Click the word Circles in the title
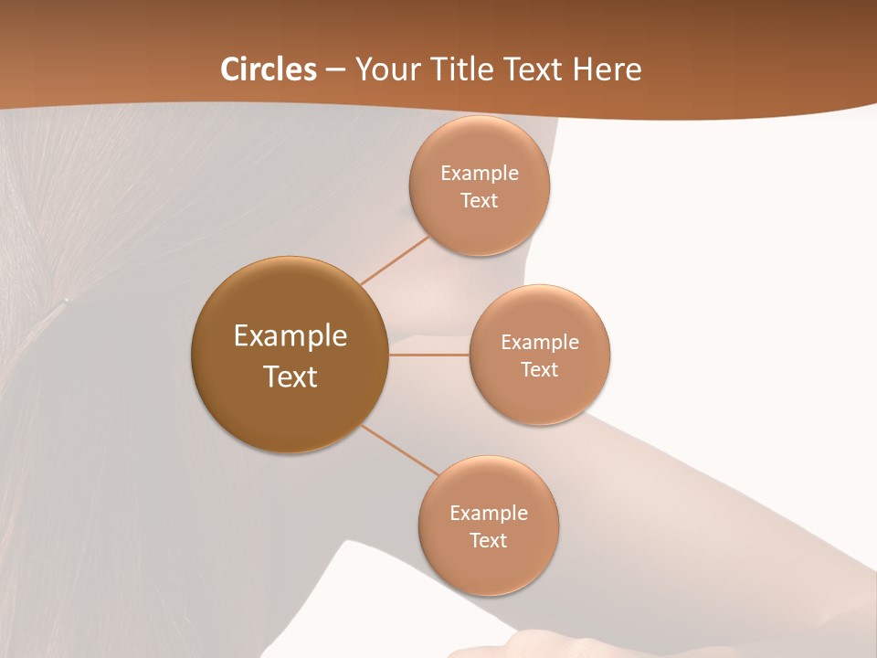pyautogui.click(x=269, y=69)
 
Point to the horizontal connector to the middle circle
pyautogui.click(x=429, y=355)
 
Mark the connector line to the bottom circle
pyautogui.click(x=398, y=450)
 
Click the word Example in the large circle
pyautogui.click(x=291, y=336)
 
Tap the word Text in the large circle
pyautogui.click(x=291, y=377)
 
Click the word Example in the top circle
pyautogui.click(x=480, y=174)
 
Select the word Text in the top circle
pyautogui.click(x=480, y=200)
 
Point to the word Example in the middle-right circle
pyautogui.click(x=540, y=343)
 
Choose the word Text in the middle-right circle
pyautogui.click(x=540, y=369)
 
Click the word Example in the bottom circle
pyautogui.click(x=489, y=514)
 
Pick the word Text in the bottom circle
pyautogui.click(x=489, y=540)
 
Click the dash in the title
pyautogui.click(x=335, y=69)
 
